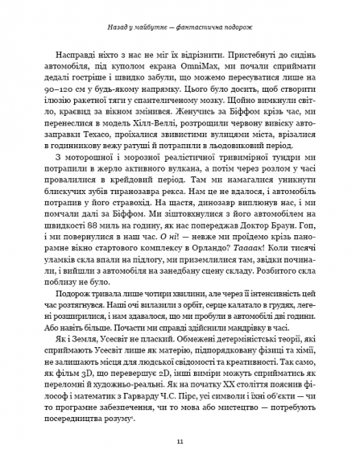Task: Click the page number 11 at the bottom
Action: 180,440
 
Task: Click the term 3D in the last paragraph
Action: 97,375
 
